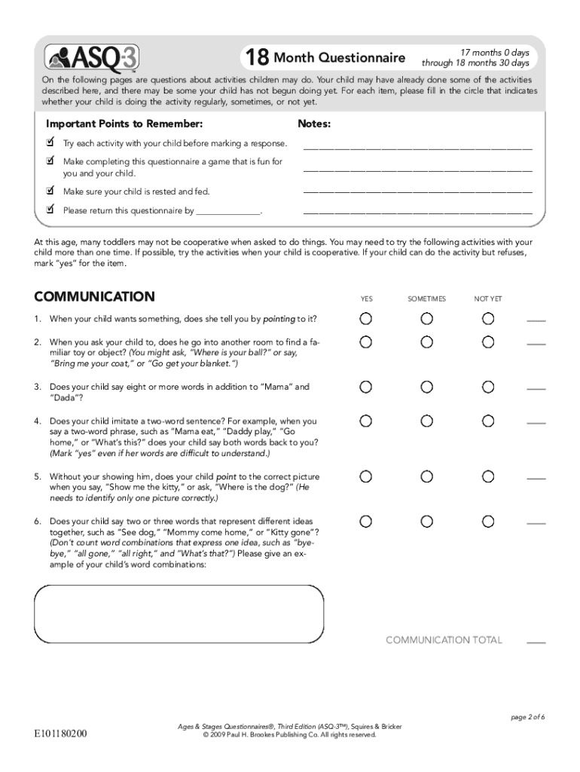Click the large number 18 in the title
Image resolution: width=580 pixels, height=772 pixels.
tap(256, 58)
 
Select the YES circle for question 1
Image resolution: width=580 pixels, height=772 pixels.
tap(365, 319)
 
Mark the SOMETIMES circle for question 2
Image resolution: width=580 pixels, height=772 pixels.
tap(427, 342)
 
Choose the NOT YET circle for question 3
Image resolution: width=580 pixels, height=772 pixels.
tap(488, 387)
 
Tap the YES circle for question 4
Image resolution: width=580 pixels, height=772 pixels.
tap(365, 421)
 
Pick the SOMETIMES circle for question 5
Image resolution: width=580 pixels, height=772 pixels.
tap(427, 476)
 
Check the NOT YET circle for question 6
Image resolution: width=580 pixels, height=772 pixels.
tap(488, 521)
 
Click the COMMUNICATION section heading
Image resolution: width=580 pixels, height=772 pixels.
tap(94, 297)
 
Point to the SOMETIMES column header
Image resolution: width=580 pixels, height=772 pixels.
tap(426, 299)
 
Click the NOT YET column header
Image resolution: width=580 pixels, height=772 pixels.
tap(488, 299)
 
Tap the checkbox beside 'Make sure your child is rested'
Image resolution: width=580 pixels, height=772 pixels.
tap(50, 191)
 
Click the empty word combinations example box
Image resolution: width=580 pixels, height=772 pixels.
tap(179, 614)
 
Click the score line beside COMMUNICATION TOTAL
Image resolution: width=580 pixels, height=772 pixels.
tap(536, 642)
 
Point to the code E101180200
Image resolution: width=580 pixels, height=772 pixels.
tap(60, 733)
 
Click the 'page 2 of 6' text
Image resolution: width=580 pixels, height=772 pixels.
tap(527, 717)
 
